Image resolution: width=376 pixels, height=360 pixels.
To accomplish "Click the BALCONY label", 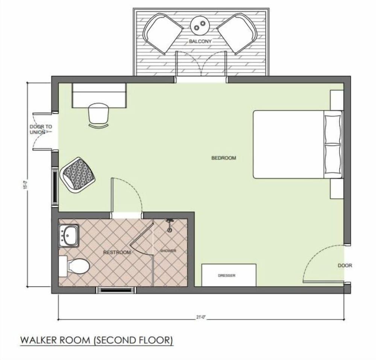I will click(200, 41).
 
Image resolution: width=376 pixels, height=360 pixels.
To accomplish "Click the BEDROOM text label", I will click(224, 158).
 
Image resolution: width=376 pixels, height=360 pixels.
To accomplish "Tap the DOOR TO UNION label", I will click(41, 129).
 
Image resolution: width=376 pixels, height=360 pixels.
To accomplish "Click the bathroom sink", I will click(69, 236).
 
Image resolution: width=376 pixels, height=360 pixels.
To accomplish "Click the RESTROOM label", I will click(117, 253).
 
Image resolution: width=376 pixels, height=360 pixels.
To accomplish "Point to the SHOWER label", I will click(168, 251).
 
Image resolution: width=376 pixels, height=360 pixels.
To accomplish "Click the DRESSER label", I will click(227, 276).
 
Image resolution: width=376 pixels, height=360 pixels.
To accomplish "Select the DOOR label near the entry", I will click(345, 265).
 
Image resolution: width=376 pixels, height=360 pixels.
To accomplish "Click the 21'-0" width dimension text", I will click(200, 317).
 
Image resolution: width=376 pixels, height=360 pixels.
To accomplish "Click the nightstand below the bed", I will click(337, 189).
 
